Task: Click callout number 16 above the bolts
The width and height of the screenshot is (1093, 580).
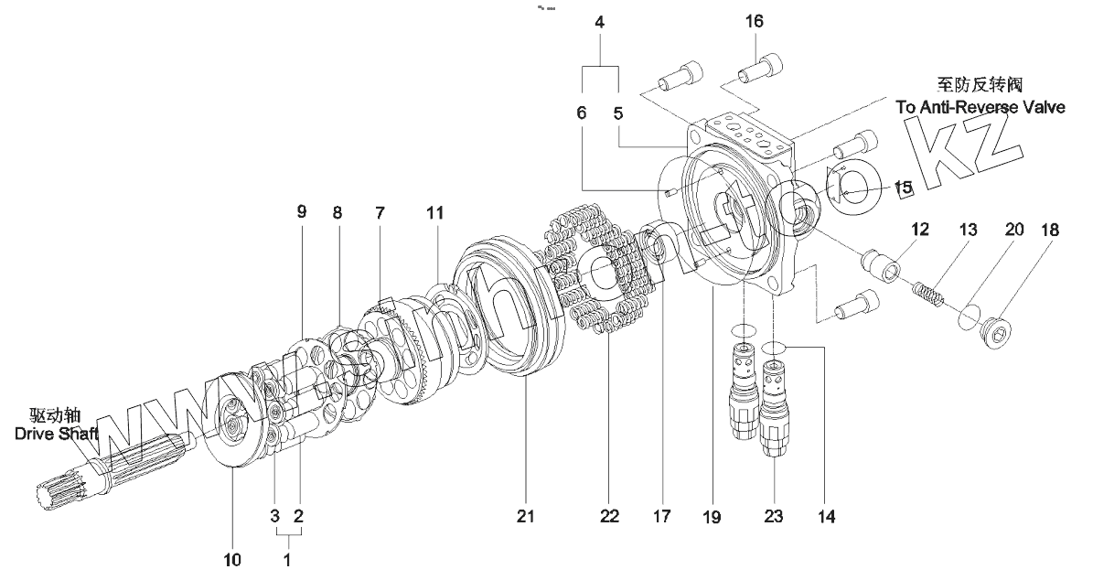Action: click(755, 21)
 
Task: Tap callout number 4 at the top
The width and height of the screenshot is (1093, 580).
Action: click(599, 21)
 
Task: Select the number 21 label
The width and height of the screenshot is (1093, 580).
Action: click(525, 517)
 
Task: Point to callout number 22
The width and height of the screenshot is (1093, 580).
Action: click(609, 517)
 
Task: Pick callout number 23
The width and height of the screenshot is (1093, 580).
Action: click(775, 518)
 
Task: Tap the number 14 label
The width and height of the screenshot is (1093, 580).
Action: click(826, 518)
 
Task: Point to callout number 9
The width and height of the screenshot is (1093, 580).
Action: click(303, 212)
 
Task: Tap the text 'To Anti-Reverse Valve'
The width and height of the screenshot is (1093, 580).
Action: click(980, 107)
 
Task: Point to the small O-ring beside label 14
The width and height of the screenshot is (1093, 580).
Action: click(775, 348)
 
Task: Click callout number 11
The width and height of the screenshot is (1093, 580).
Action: click(434, 212)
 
